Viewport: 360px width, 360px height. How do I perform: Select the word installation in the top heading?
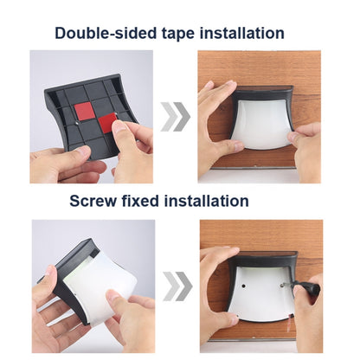point(242,33)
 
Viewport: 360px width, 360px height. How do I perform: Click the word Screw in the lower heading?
point(93,201)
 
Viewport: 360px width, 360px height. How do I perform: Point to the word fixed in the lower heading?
point(140,201)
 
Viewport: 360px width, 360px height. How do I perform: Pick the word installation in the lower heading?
point(207,201)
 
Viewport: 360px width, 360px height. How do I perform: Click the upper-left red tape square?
point(84,112)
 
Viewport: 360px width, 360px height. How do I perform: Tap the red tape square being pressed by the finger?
point(107,124)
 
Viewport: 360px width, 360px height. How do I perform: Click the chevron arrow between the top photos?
point(176,117)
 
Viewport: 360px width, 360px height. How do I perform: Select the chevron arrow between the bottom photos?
point(177,286)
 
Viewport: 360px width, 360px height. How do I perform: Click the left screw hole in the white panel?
point(244,286)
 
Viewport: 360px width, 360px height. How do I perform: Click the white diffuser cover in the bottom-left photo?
point(99,286)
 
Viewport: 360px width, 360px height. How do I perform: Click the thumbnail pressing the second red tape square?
point(118,127)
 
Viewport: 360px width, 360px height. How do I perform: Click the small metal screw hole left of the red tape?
point(77,123)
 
